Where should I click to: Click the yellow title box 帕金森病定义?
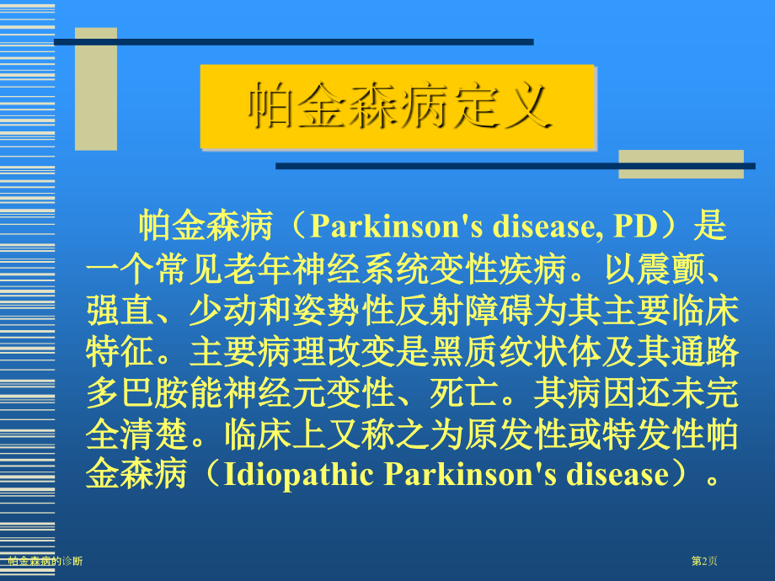(397, 106)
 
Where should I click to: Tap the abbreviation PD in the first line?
(636, 226)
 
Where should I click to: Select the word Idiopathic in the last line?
(298, 475)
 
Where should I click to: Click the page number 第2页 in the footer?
(704, 561)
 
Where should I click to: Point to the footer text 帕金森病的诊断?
(45, 561)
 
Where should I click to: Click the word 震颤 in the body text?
(670, 269)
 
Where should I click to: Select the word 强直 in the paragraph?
(120, 311)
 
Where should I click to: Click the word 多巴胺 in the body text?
(137, 394)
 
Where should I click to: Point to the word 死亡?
(463, 394)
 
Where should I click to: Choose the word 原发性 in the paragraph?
(516, 435)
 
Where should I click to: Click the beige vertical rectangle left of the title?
(96, 89)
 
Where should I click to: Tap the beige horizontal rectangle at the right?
(681, 164)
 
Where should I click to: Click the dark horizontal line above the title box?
(294, 42)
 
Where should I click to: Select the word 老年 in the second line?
(257, 269)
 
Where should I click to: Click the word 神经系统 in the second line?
(360, 269)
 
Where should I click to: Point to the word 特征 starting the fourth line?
(120, 352)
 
